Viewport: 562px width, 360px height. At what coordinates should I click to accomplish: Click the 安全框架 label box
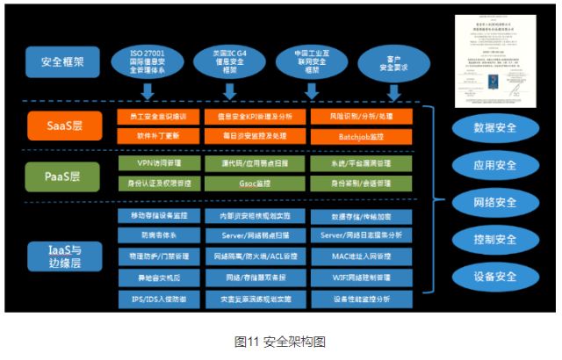tap(62, 61)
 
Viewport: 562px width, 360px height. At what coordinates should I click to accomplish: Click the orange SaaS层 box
tap(62, 126)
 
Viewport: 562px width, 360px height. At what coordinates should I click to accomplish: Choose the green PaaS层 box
tap(62, 175)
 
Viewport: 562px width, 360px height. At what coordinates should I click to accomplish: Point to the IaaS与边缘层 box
tap(62, 256)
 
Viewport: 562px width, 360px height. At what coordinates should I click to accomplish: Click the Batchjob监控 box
tap(360, 136)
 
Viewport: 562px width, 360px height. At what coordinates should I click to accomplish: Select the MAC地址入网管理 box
tap(360, 256)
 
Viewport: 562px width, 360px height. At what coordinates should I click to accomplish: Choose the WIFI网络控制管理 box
tap(360, 277)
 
